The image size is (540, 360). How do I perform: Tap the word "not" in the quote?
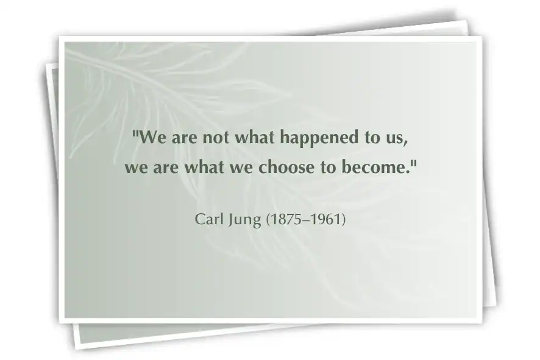coord(216,138)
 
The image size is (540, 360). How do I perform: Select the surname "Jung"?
coord(244,220)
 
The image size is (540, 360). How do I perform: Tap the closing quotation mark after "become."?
coord(414,163)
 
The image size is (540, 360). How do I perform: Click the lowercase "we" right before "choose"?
coord(241,169)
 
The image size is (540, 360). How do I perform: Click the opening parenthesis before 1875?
coord(268,219)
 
